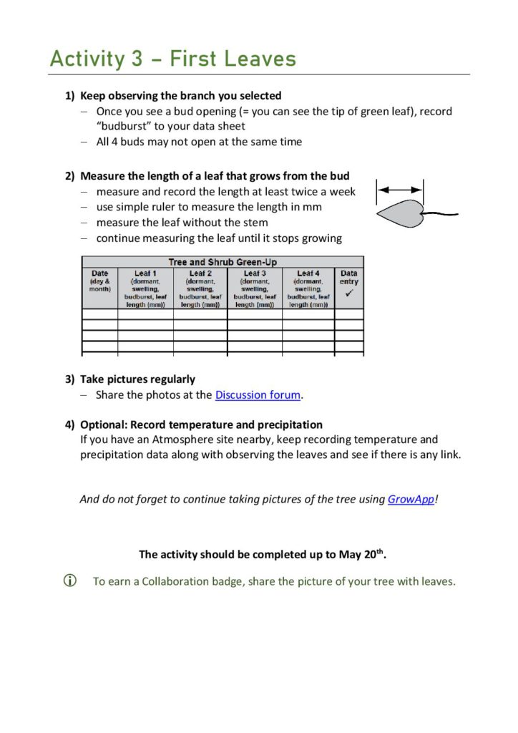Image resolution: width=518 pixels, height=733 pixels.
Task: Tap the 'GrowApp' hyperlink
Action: (411, 500)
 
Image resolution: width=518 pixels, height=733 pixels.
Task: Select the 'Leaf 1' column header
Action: (145, 273)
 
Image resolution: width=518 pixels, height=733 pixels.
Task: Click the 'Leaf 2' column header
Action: (200, 273)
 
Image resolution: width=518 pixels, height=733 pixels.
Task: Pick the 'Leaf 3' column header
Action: (255, 273)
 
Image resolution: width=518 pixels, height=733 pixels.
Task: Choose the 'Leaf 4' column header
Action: (308, 273)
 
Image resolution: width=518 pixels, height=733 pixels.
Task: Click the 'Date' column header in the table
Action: (100, 273)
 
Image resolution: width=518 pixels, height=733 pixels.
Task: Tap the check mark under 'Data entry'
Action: (349, 293)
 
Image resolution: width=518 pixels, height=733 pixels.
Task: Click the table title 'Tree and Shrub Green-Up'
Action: (223, 263)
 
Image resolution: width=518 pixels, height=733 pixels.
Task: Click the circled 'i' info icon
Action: (70, 581)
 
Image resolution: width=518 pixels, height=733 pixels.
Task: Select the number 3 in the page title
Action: (137, 59)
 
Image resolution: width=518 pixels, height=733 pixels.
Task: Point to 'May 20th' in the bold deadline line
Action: (371, 554)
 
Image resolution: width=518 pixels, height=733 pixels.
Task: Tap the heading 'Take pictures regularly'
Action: (137, 379)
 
